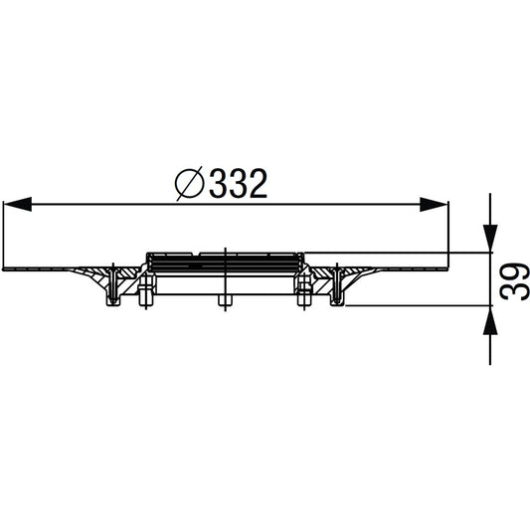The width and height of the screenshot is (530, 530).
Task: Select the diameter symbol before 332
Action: click(x=189, y=184)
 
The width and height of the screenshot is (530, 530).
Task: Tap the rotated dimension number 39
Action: click(x=509, y=280)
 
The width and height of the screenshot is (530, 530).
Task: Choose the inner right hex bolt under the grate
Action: click(x=303, y=291)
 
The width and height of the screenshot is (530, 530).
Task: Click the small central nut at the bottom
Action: click(x=225, y=299)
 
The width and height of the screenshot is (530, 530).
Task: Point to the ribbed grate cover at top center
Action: click(x=225, y=262)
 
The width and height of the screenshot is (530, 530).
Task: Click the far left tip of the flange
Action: click(x=6, y=268)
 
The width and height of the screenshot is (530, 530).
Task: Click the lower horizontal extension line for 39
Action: click(x=418, y=305)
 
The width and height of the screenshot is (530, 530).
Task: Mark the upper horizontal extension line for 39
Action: click(x=398, y=252)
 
